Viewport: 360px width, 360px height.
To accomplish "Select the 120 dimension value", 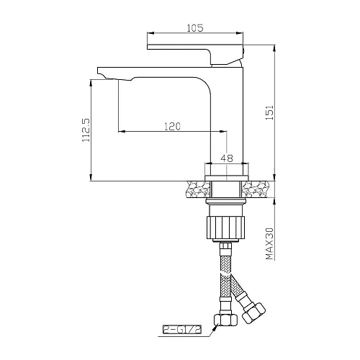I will coord(172,125).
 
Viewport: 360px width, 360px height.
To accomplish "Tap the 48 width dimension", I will coord(227,159).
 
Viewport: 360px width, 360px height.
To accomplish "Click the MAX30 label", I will coord(269,245).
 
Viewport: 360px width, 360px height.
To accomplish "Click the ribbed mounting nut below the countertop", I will coord(227,225).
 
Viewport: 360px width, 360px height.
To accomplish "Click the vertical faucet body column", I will coord(227,115).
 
